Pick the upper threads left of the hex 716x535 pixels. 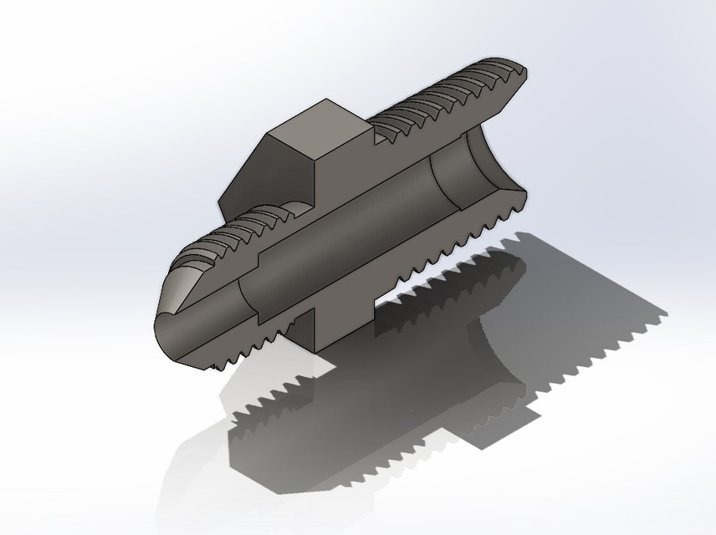point(243,226)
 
